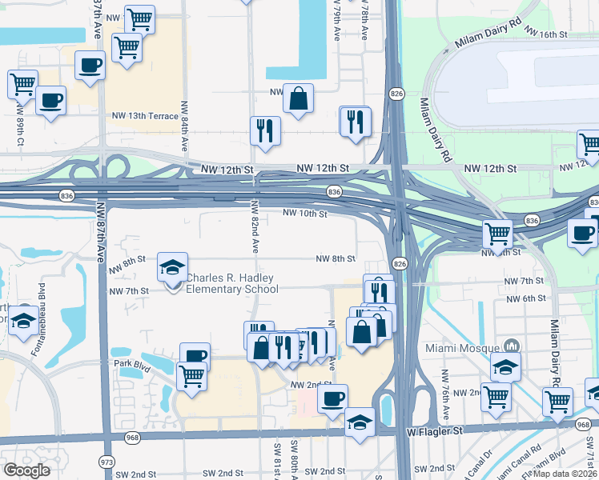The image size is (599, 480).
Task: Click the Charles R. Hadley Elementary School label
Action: [231, 283]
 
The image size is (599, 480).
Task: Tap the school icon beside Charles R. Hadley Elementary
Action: [172, 269]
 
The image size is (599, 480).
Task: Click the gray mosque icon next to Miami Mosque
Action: [511, 346]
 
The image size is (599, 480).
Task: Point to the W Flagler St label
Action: [435, 431]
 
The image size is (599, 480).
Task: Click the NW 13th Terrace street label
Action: [143, 116]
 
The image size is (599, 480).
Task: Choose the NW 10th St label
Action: [304, 214]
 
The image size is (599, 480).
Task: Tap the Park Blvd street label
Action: [132, 363]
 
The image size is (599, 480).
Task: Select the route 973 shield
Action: [106, 462]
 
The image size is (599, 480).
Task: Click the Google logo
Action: [27, 470]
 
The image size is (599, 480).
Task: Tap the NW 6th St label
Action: [527, 298]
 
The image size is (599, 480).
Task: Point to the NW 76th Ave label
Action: [445, 394]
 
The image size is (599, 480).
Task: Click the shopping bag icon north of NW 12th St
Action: [297, 99]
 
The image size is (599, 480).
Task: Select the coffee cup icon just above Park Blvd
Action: [195, 355]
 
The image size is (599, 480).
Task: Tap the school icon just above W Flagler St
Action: [360, 421]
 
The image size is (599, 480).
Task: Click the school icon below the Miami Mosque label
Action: [505, 366]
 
